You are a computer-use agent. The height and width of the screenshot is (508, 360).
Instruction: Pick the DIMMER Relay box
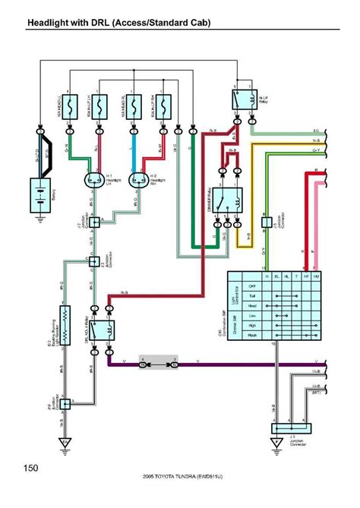point(226,200)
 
